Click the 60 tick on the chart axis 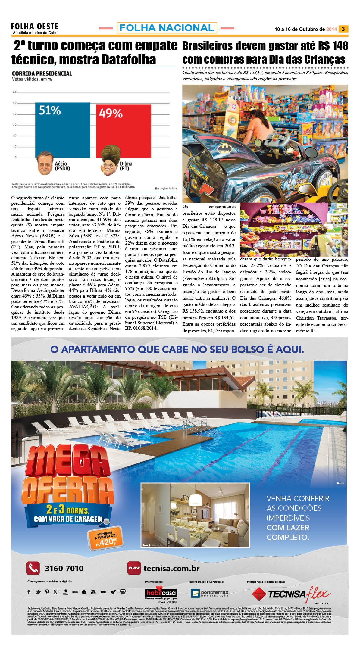(x=15, y=92)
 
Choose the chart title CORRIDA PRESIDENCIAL (x=42, y=73)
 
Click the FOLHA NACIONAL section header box (x=167, y=28)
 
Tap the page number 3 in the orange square (x=343, y=29)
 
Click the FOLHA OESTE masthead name (x=35, y=27)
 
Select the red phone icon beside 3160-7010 (x=33, y=568)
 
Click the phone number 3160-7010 (x=64, y=569)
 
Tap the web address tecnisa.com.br (x=171, y=569)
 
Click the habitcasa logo (x=161, y=593)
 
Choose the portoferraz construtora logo (x=210, y=593)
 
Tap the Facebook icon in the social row (x=29, y=592)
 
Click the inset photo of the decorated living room (x=195, y=515)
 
